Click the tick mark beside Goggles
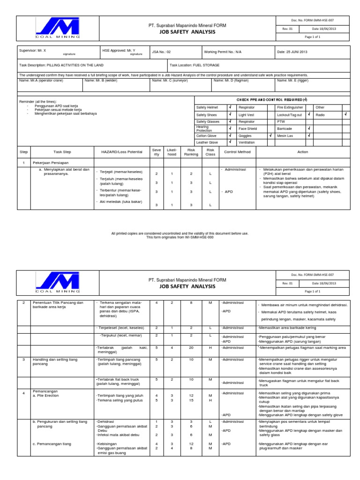pos(270,135)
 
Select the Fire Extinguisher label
pos(290,107)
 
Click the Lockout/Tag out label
pos(290,114)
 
